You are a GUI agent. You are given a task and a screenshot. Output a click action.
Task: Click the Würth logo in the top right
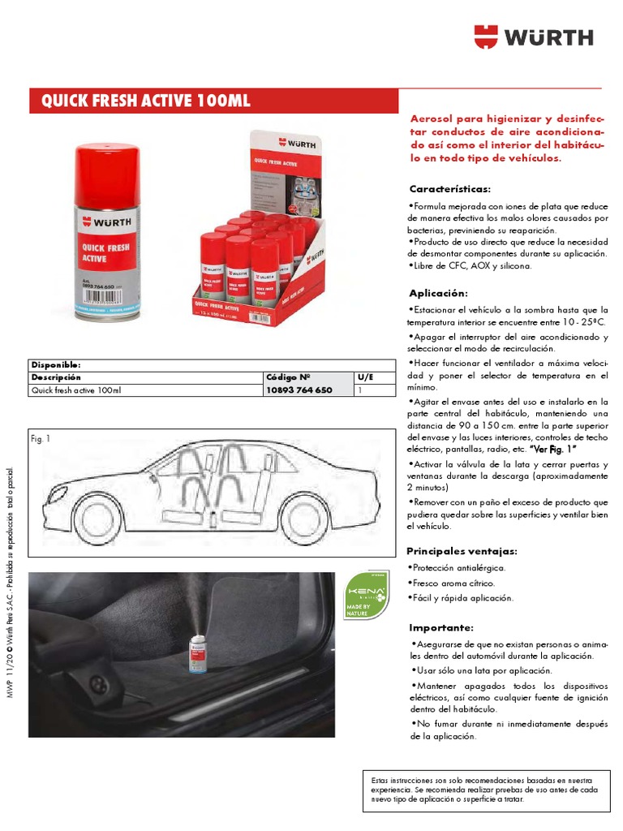pyautogui.click(x=533, y=37)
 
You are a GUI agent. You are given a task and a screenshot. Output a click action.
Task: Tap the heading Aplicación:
pyautogui.click(x=438, y=293)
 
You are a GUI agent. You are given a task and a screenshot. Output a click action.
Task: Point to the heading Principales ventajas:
pyautogui.click(x=462, y=551)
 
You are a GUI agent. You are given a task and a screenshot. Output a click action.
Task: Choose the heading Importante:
pyautogui.click(x=440, y=627)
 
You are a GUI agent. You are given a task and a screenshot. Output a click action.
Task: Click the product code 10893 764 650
pyautogui.click(x=299, y=390)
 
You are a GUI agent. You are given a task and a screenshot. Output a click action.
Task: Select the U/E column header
pyautogui.click(x=364, y=377)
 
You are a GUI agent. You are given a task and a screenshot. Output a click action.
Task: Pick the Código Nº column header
pyautogui.click(x=288, y=377)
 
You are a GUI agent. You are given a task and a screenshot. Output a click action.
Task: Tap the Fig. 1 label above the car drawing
pyautogui.click(x=41, y=439)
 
